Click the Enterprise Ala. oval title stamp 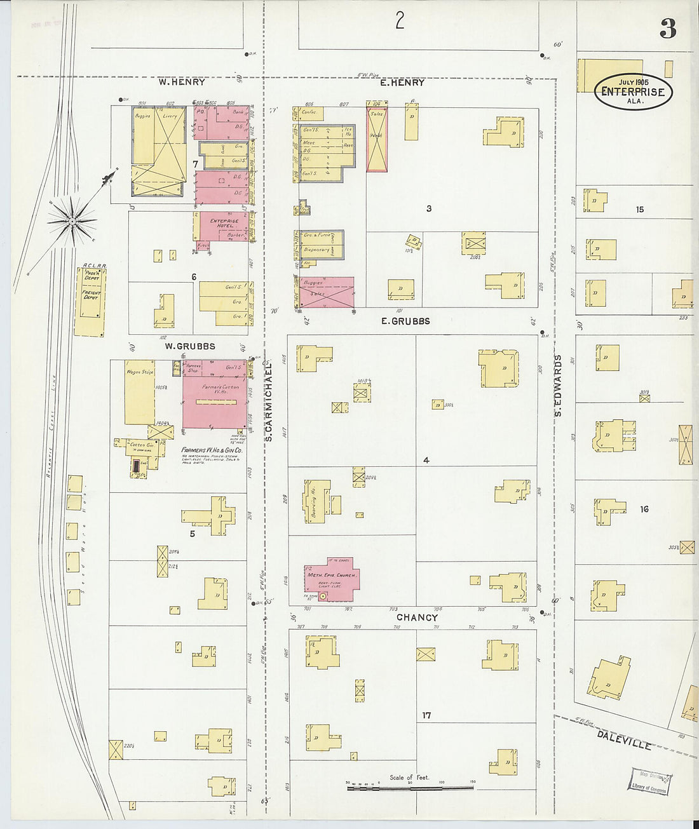point(633,91)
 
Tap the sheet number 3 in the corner point(667,29)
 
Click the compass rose point(72,220)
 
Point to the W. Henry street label point(182,82)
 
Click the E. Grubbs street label point(405,321)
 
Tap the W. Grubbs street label point(189,346)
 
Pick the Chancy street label point(417,617)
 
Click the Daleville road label point(624,739)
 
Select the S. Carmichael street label point(268,402)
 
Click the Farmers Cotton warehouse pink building point(214,394)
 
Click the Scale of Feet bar point(410,787)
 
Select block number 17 point(426,715)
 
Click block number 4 point(426,460)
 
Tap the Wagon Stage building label point(140,372)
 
